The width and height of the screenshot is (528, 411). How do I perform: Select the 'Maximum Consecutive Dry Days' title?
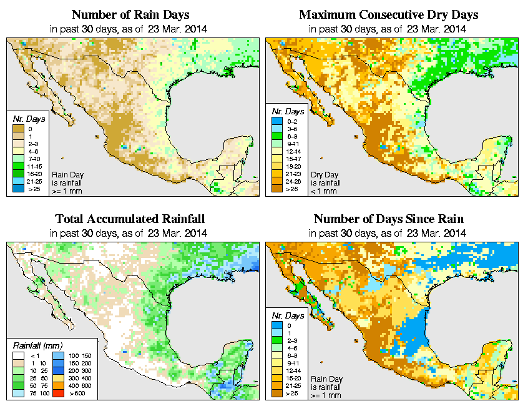(389, 14)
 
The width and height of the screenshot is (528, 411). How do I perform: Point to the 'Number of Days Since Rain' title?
(389, 219)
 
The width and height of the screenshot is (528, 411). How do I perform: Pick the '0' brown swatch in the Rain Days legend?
(17, 129)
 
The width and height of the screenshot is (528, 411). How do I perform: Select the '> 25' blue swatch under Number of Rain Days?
(17, 187)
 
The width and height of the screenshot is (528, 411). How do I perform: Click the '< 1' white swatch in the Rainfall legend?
(17, 355)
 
